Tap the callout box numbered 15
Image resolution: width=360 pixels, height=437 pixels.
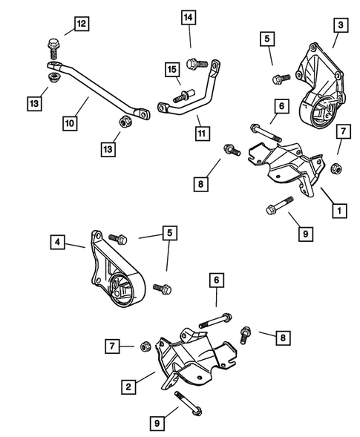click(172, 70)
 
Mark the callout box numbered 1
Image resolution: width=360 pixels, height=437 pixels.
click(340, 211)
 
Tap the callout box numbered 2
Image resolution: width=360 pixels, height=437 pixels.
click(129, 386)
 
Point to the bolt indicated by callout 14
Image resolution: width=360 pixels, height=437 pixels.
click(192, 64)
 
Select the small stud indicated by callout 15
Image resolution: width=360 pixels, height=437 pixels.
click(180, 96)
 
